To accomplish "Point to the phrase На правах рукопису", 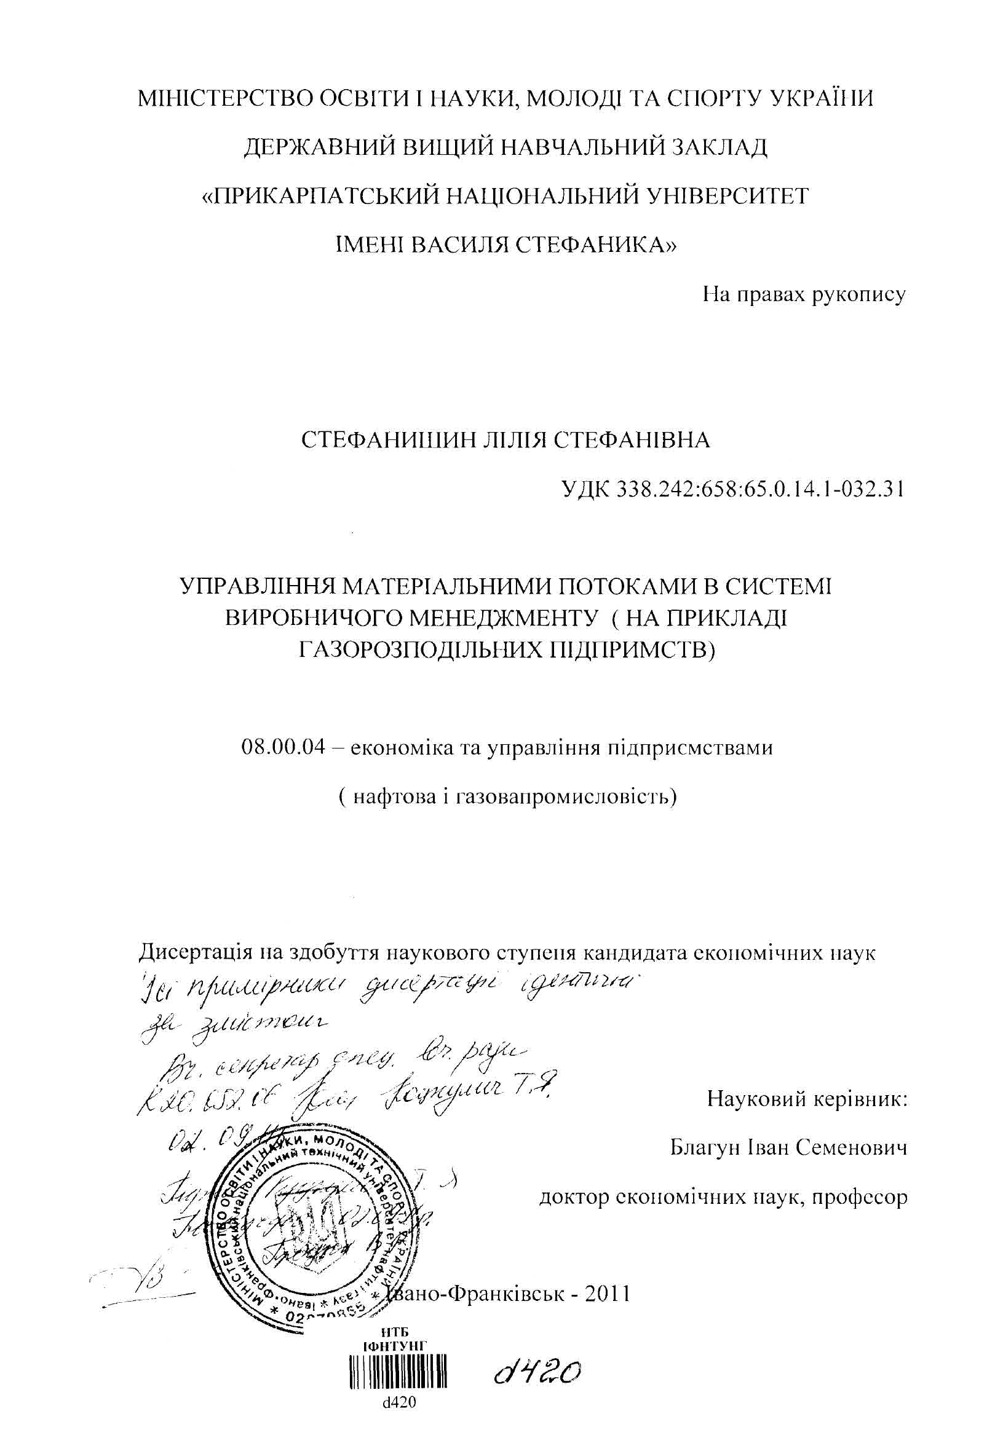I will [804, 294].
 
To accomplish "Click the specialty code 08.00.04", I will [283, 747].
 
